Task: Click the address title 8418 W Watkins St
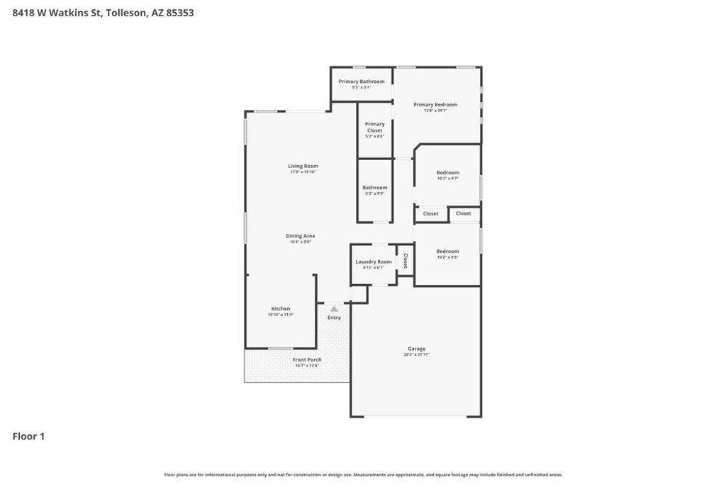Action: click(x=103, y=13)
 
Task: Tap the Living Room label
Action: click(x=303, y=166)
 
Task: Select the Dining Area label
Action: click(x=300, y=236)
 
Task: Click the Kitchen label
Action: click(x=281, y=308)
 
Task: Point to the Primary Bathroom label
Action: click(x=362, y=81)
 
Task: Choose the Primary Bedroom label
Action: click(x=435, y=104)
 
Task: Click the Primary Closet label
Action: click(x=375, y=127)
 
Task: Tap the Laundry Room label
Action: click(x=374, y=261)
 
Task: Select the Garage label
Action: click(x=417, y=348)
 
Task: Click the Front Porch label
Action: click(x=307, y=359)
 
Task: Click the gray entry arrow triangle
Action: click(x=334, y=309)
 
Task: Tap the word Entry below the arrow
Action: click(x=334, y=317)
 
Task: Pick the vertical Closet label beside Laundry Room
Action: click(x=406, y=261)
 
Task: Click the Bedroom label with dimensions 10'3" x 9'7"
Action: click(x=447, y=172)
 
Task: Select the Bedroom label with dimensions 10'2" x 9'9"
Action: click(x=447, y=251)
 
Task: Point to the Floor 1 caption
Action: click(x=28, y=437)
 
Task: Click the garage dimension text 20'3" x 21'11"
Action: click(x=417, y=354)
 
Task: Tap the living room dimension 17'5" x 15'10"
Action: click(x=303, y=172)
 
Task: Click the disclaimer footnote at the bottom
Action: click(x=363, y=475)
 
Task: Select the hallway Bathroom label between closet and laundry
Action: click(x=375, y=188)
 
